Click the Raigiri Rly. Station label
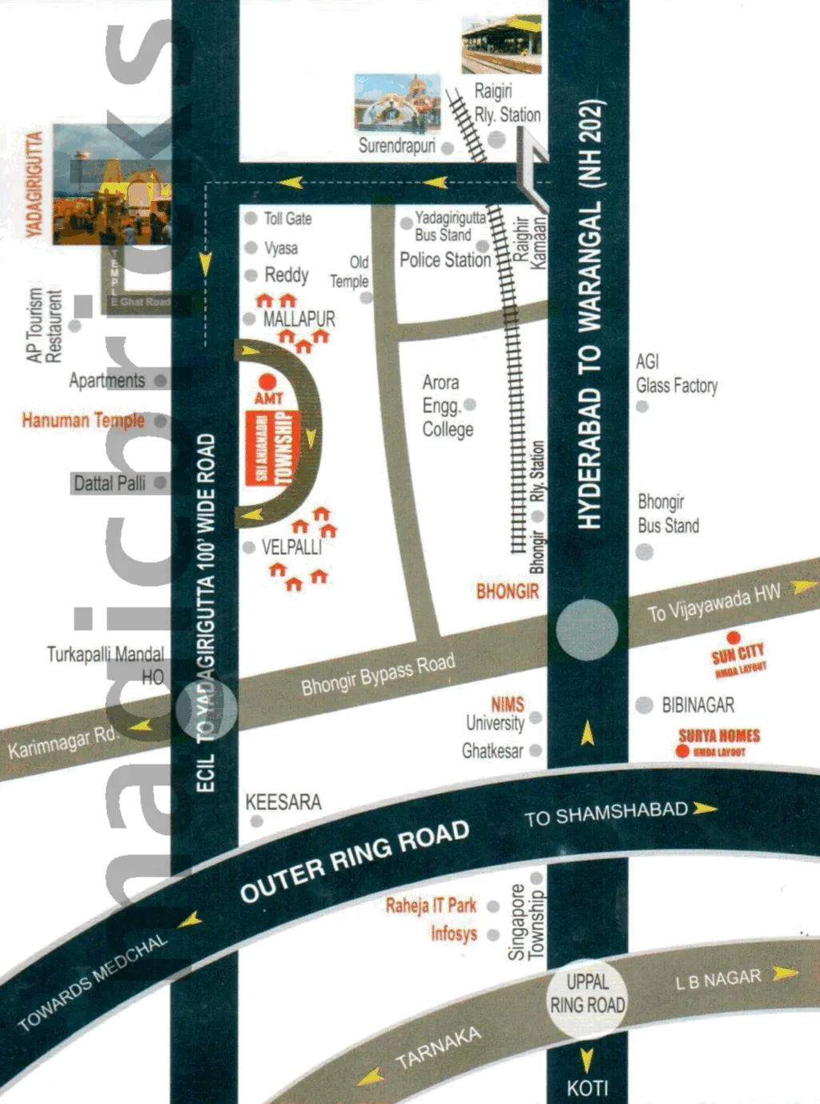(x=507, y=102)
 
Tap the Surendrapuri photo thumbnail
(x=397, y=102)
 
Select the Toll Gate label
(x=287, y=219)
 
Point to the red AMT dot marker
(x=267, y=382)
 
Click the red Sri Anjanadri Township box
(x=272, y=449)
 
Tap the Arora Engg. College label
(x=447, y=406)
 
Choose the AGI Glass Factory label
(x=676, y=374)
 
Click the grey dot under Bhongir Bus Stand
(x=644, y=552)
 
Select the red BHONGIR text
(x=508, y=592)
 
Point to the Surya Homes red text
(x=719, y=736)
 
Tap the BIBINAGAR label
(x=697, y=705)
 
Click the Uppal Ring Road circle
(x=587, y=994)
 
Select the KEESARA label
(x=283, y=802)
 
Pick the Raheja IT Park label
(x=431, y=905)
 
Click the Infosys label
(x=454, y=933)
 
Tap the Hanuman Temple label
(x=83, y=420)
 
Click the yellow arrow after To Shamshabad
(x=705, y=809)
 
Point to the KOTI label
(x=587, y=1089)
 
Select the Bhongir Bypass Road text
(x=378, y=675)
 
